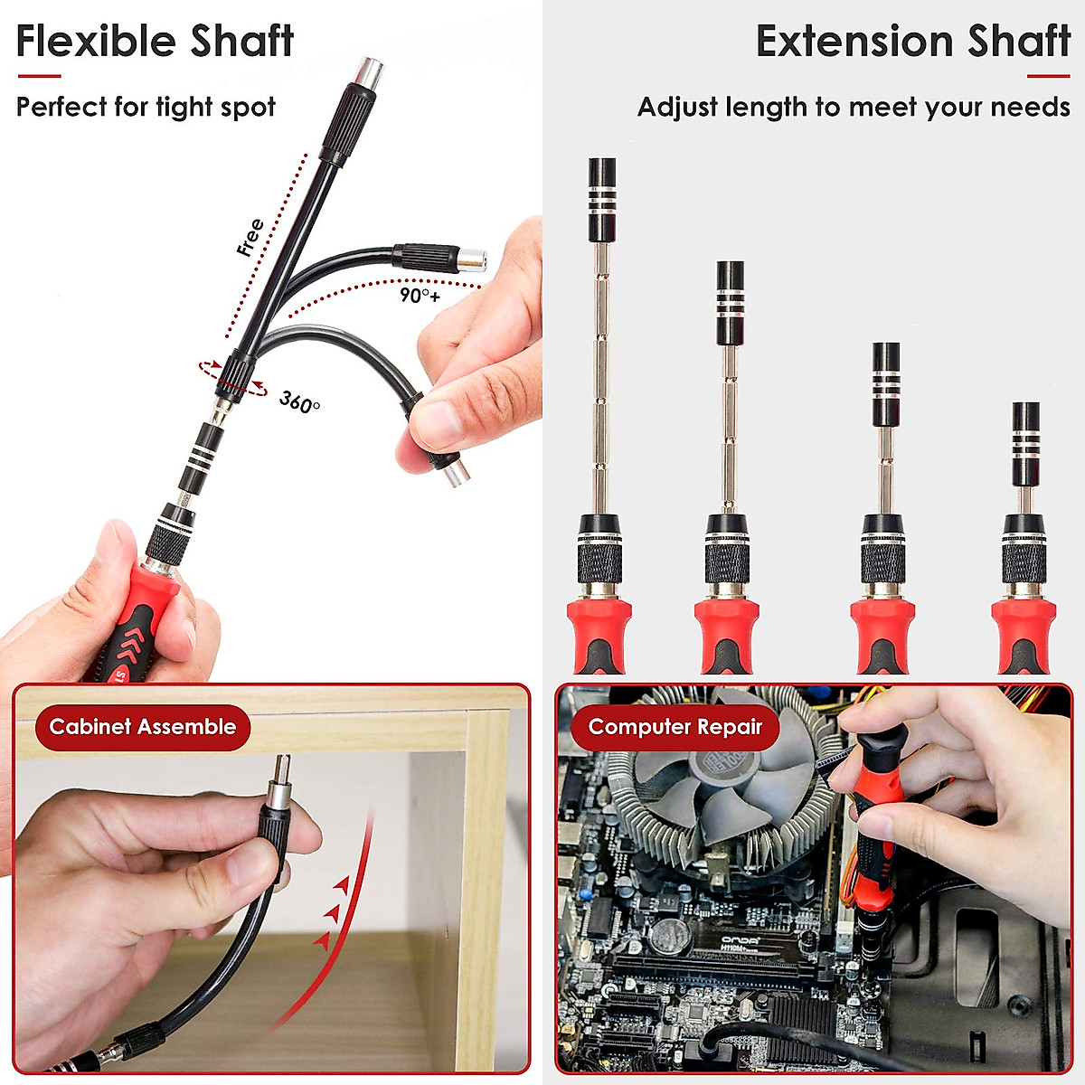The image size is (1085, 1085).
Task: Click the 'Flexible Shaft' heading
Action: tap(155, 42)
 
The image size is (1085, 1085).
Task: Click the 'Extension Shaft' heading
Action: tap(912, 42)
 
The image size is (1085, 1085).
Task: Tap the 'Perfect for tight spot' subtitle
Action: tap(146, 107)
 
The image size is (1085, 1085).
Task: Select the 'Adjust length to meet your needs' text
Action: tap(854, 107)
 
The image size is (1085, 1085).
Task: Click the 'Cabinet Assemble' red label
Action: tap(142, 727)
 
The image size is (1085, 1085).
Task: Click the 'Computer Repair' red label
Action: tap(675, 727)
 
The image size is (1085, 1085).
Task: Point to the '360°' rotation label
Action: tap(299, 401)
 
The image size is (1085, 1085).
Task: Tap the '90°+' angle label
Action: tap(420, 295)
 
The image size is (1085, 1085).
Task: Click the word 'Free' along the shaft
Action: tap(250, 237)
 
